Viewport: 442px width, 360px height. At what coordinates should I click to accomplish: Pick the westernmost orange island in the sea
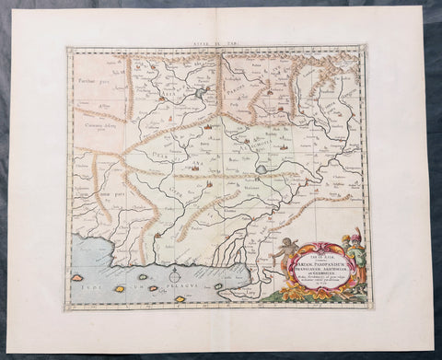tap(78, 276)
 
